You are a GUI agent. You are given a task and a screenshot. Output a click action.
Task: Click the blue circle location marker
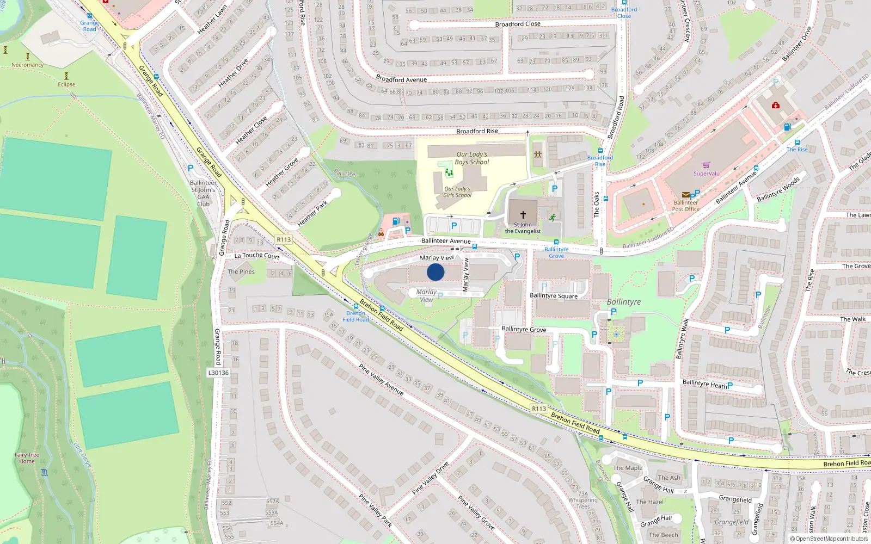tap(436, 272)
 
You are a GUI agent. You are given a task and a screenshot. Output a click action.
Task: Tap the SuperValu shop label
tap(706, 174)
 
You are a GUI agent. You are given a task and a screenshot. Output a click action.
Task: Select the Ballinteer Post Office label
tap(685, 206)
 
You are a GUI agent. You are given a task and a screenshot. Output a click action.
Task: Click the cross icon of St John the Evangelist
tap(523, 215)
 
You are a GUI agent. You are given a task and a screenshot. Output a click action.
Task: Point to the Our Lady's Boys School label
tap(472, 158)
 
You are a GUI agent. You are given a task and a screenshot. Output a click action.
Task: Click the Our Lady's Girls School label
tap(457, 192)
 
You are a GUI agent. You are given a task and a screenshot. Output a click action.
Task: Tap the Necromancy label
tap(27, 65)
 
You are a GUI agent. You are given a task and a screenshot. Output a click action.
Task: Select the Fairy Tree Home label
tap(27, 458)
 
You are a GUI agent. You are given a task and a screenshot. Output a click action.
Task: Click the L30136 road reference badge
tap(218, 373)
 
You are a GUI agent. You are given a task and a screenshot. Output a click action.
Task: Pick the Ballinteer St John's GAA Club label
tap(203, 193)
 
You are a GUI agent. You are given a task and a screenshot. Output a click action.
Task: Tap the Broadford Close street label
tap(518, 24)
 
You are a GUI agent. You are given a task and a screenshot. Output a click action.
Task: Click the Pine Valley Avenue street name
tap(381, 379)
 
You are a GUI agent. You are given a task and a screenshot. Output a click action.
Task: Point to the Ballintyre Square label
tap(554, 295)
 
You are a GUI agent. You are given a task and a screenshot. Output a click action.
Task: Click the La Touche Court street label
tap(257, 255)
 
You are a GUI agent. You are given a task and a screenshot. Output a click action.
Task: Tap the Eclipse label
tap(66, 84)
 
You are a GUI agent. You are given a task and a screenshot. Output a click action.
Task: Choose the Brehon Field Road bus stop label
tap(355, 316)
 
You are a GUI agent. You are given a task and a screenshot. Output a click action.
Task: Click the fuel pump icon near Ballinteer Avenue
tap(396, 221)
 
